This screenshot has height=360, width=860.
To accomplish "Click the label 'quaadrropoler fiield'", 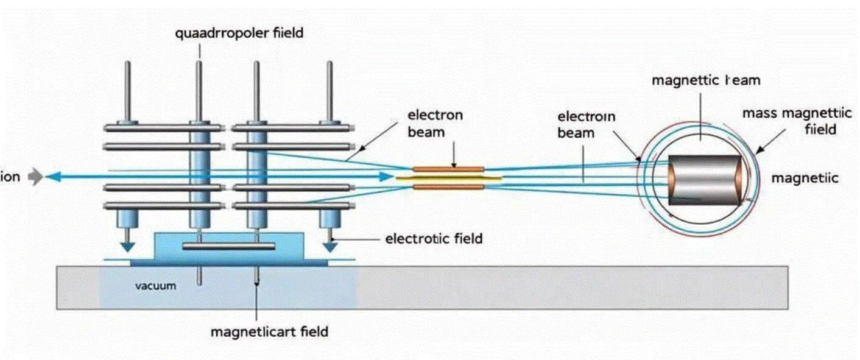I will point(239,33).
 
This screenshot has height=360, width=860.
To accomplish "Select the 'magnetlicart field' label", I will point(269,332).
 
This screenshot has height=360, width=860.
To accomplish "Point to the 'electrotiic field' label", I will point(434,239).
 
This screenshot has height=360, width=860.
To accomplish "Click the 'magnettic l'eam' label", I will point(706,80).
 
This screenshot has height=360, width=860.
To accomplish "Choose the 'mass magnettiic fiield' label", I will point(789,121).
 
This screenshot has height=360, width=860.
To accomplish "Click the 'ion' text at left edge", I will point(10,177).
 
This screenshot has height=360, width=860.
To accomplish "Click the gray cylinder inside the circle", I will point(705,180).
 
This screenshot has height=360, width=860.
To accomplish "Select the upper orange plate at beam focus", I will point(449,168).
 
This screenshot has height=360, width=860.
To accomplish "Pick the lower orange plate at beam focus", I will point(449,186).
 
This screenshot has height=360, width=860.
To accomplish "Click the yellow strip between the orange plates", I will point(449,177).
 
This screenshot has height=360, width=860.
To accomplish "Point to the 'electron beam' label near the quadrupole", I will point(435,122).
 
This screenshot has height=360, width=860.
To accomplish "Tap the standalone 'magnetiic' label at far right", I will point(805,178).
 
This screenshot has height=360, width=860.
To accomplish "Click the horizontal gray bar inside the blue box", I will point(229,246).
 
